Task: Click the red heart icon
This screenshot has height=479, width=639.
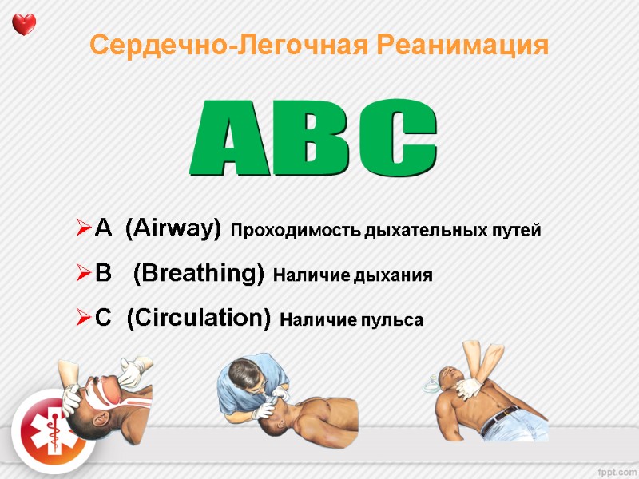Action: click(x=25, y=24)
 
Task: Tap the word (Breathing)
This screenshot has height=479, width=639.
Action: click(x=199, y=275)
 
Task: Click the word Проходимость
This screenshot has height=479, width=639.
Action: click(x=295, y=232)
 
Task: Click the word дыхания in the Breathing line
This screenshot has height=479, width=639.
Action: click(x=396, y=276)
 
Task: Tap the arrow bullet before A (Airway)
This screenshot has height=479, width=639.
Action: click(x=82, y=231)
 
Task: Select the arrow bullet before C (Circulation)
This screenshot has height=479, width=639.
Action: click(x=82, y=319)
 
